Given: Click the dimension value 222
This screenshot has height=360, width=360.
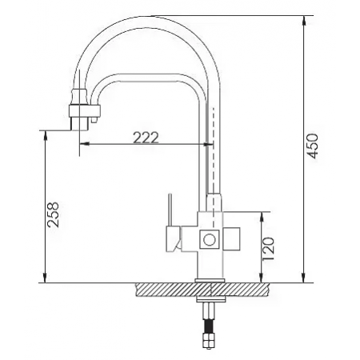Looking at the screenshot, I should coord(145,136).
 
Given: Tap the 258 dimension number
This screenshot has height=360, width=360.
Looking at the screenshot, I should coord(54,213).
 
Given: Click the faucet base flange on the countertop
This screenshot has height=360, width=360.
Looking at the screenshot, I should coord(210,279).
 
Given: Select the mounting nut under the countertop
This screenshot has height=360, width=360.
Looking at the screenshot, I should coord(210,303).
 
